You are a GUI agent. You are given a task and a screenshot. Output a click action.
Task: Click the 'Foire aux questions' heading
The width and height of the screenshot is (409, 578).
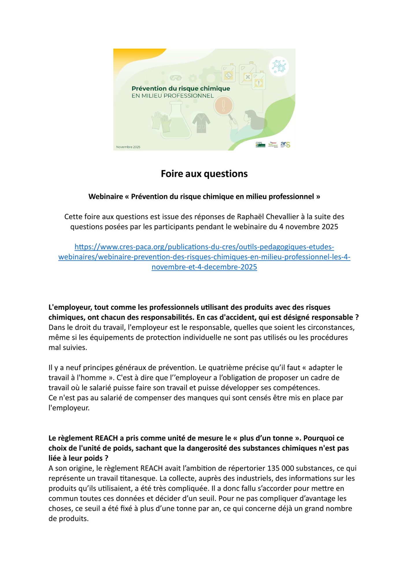(204, 174)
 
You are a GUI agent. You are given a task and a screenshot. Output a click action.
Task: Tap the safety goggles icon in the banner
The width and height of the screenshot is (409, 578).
(175, 78)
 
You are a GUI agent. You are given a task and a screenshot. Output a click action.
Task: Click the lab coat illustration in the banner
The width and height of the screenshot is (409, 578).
(201, 123)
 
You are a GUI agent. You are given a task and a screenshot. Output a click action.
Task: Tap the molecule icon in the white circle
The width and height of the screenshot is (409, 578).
(279, 67)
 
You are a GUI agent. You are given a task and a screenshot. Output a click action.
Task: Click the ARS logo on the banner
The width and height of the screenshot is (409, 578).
(285, 144)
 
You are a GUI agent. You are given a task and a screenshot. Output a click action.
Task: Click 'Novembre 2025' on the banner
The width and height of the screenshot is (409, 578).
(128, 147)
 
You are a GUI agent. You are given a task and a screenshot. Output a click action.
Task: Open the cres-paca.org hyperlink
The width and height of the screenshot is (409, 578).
(204, 257)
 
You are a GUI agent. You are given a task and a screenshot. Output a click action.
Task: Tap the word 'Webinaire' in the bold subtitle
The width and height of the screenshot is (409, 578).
(106, 197)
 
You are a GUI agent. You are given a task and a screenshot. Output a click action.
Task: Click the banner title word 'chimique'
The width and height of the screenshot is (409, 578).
(216, 88)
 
